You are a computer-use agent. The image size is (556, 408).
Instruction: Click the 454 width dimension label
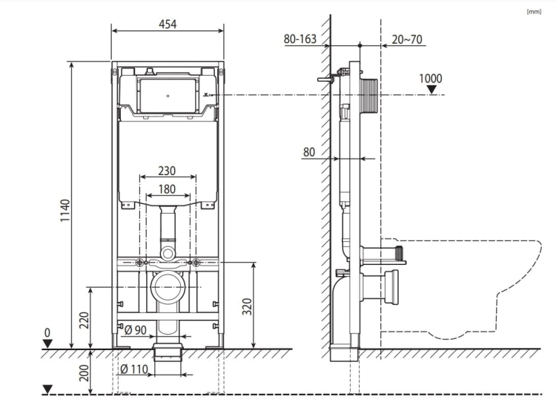[168, 24]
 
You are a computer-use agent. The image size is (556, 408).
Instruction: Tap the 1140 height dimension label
[65, 211]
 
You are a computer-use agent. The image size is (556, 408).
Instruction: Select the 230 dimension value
[167, 171]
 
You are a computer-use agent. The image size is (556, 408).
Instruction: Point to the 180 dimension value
[167, 188]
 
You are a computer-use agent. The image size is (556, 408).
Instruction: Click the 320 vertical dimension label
[247, 306]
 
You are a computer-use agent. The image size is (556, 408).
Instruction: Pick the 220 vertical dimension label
[84, 320]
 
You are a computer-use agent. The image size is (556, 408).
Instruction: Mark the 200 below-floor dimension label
[84, 372]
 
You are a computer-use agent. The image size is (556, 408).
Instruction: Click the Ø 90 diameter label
[136, 330]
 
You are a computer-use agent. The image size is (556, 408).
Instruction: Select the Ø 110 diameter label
[134, 369]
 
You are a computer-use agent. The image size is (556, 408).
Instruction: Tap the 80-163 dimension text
[300, 39]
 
